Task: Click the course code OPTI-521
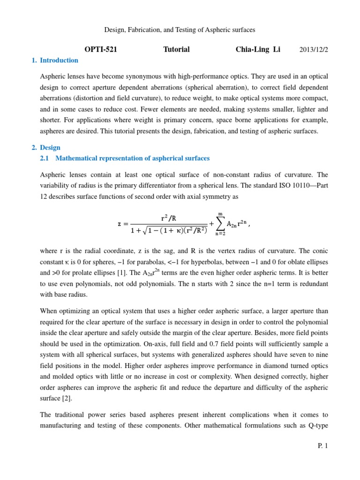coord(100,50)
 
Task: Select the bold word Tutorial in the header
coord(176,50)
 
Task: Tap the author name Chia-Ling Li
coord(258,50)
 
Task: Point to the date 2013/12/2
coord(314,50)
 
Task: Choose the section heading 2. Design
coord(50,148)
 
